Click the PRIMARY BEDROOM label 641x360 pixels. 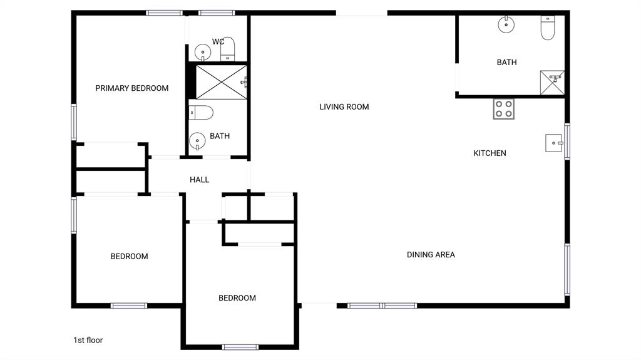[131, 88]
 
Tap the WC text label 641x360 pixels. [218, 42]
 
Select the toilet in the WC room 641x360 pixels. [228, 48]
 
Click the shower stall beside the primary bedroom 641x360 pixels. [218, 81]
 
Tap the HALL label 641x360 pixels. [199, 180]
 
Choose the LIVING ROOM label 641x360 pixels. [344, 107]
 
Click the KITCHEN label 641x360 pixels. [490, 153]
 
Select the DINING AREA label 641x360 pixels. [431, 255]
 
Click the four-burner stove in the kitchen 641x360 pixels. [503, 110]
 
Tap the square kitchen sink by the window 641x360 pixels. [554, 143]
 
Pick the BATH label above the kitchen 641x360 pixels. [506, 63]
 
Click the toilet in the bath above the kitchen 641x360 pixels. [548, 28]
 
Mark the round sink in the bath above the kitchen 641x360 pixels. [506, 25]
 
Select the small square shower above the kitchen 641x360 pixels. [551, 82]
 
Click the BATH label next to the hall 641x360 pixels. [219, 136]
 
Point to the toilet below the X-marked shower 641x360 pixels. [202, 113]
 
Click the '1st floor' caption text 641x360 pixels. [88, 341]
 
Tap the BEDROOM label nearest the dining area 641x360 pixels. [237, 298]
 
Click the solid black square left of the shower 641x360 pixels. [191, 81]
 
